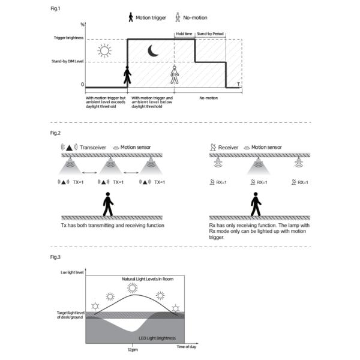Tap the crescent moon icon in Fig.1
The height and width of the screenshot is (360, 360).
point(154,52)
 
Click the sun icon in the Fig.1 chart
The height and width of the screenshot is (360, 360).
point(105,50)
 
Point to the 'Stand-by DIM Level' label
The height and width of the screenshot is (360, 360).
point(66,61)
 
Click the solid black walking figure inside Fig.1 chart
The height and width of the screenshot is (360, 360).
point(127,76)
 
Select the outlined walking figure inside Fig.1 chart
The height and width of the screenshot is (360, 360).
point(175,76)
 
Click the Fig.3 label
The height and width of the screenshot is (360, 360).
point(55,257)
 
